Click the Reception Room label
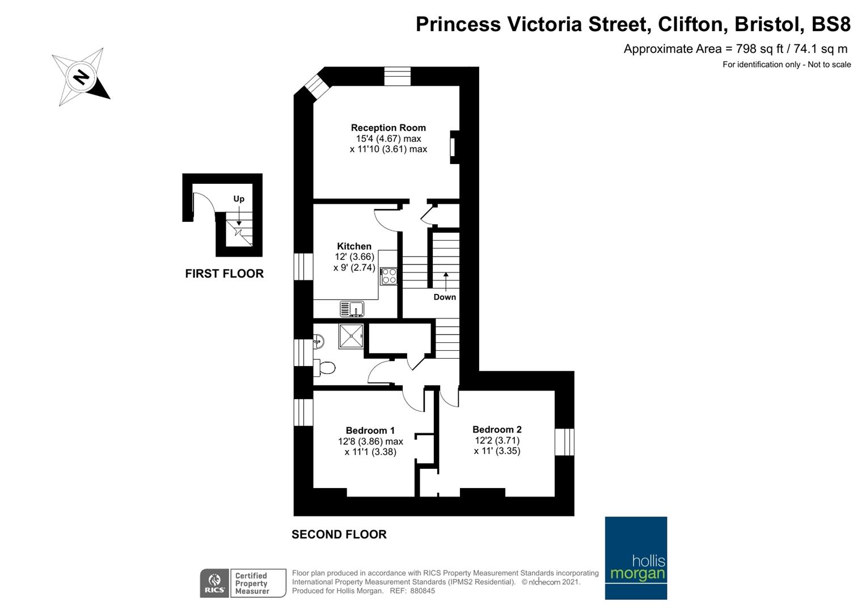[x=388, y=128]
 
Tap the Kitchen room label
[x=354, y=246]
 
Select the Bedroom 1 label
[x=370, y=430]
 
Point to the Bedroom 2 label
[x=497, y=429]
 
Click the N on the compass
[x=81, y=77]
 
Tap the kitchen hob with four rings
[x=388, y=276]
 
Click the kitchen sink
[x=352, y=309]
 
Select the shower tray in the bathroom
[x=351, y=336]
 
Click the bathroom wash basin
[x=318, y=341]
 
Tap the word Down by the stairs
[x=445, y=297]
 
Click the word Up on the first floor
[x=239, y=199]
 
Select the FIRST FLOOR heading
[x=224, y=274]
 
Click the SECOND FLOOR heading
[x=339, y=535]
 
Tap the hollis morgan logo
[x=636, y=558]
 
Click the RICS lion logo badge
[x=214, y=583]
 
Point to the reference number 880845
[x=422, y=591]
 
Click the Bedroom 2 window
[x=564, y=442]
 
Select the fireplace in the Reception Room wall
[x=455, y=147]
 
